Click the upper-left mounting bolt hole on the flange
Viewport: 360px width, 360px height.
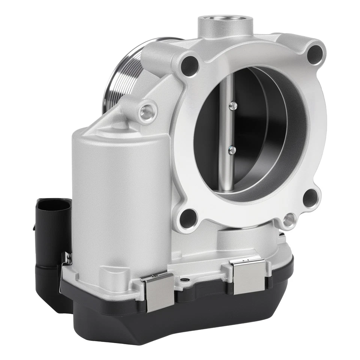(189, 66)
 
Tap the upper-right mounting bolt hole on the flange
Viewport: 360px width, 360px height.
(315, 55)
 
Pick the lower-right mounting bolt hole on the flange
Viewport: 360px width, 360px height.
(310, 198)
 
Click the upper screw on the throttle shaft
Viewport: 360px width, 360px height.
(233, 106)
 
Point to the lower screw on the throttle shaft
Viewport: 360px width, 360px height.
(232, 150)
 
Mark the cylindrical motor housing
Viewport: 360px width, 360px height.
(120, 195)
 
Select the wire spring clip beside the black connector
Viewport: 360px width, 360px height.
(66, 262)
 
